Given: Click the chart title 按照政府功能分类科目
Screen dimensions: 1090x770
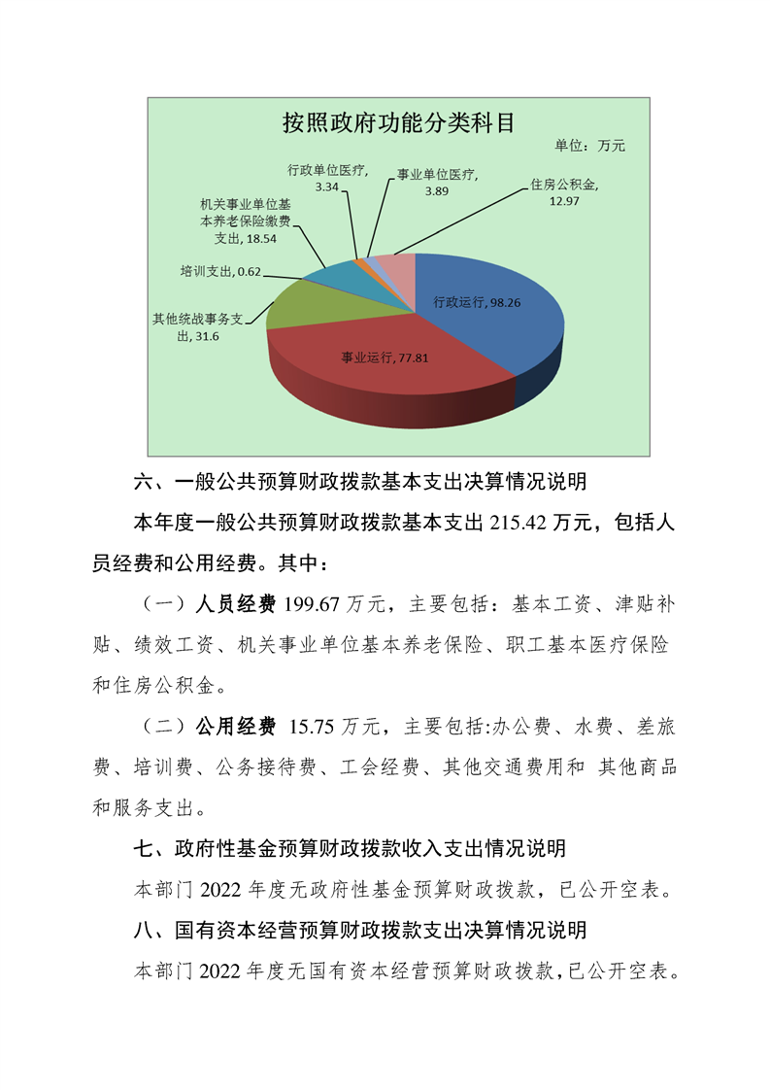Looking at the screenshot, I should (x=397, y=122).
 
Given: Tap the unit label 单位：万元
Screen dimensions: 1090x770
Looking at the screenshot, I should (x=589, y=146).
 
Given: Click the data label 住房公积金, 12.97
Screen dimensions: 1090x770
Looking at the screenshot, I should (x=564, y=191).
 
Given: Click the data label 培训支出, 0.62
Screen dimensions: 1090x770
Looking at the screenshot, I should (x=221, y=271).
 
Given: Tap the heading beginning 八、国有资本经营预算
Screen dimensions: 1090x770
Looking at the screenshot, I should (x=359, y=930).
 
